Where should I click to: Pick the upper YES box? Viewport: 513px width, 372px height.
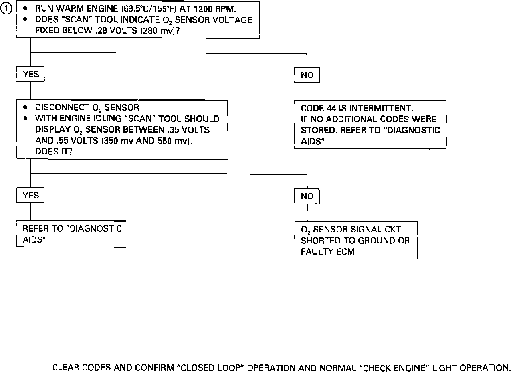(x=30, y=74)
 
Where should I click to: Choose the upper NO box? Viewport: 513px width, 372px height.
(x=307, y=75)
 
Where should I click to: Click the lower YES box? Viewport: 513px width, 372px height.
(x=30, y=196)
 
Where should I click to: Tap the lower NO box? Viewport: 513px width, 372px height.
(x=307, y=196)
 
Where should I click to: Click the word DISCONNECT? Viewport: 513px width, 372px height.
(x=60, y=108)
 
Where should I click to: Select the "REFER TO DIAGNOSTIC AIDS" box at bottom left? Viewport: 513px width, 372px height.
(x=72, y=234)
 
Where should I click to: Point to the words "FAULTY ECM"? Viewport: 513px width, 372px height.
(x=327, y=252)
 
